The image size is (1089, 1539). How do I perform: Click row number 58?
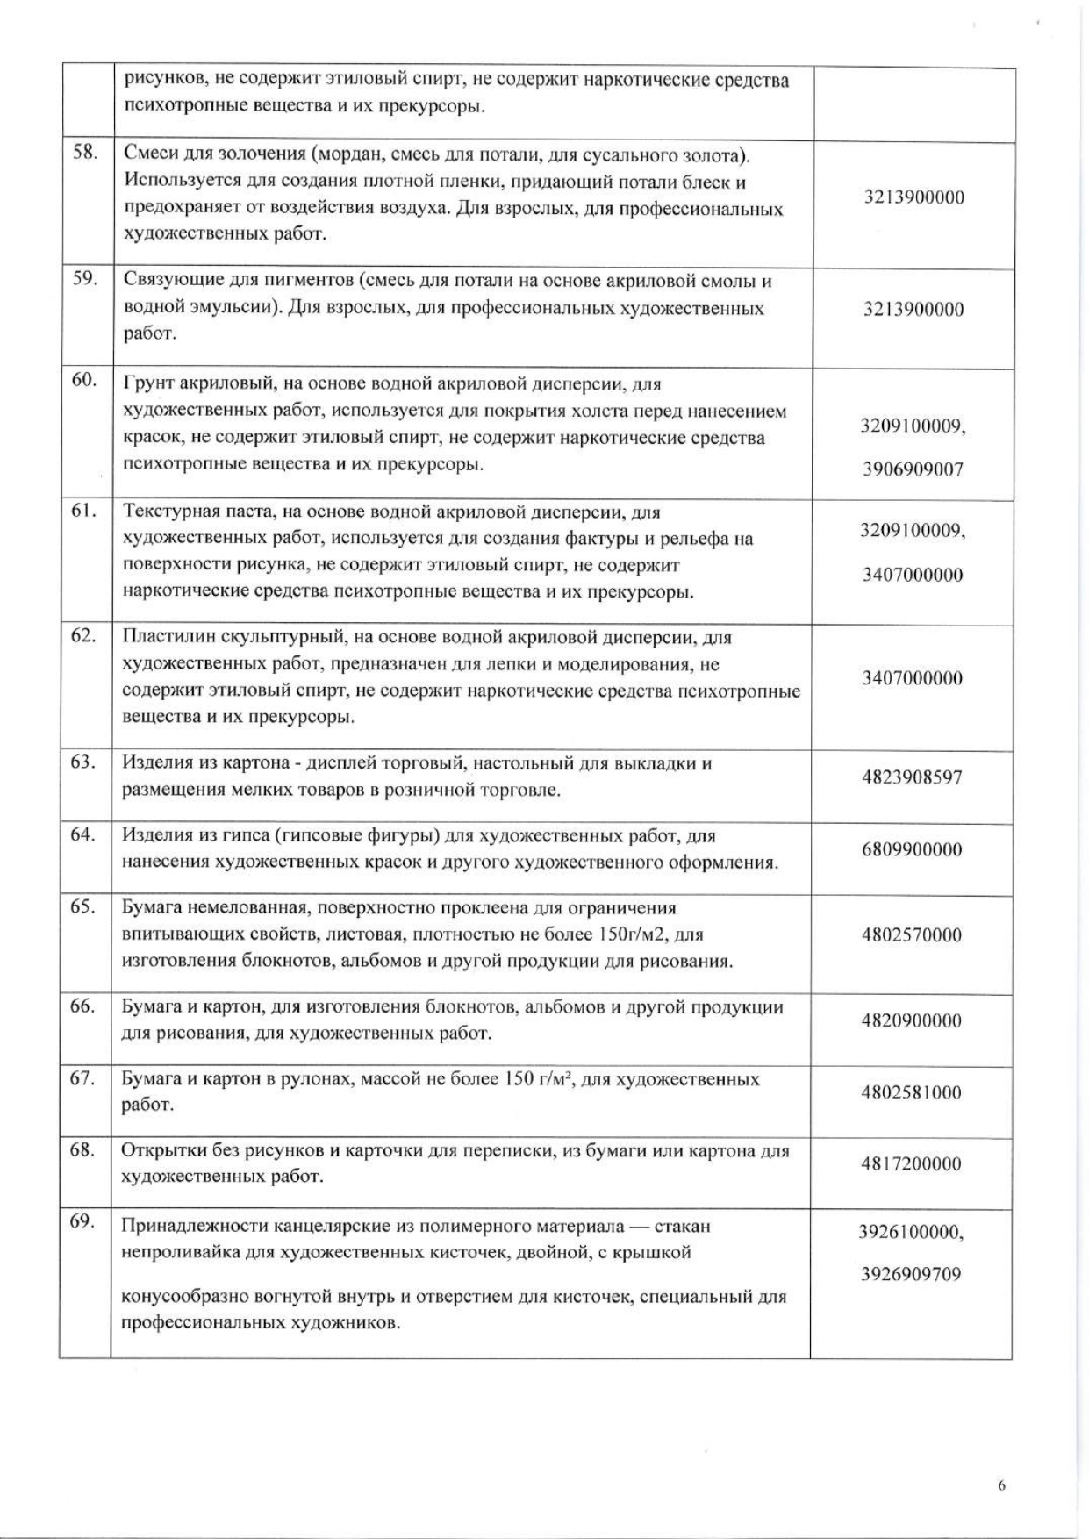(84, 154)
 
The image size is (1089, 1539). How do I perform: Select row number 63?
(83, 762)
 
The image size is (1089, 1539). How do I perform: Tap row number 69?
(82, 1221)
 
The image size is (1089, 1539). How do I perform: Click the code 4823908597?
(912, 777)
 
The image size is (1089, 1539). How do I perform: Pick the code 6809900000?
(912, 849)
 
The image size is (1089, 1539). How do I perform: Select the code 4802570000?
(912, 934)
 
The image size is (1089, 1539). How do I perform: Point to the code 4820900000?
(912, 1020)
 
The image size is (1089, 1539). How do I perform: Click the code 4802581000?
(912, 1092)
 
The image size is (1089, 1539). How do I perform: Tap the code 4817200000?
(912, 1164)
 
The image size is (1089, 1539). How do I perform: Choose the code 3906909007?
(913, 469)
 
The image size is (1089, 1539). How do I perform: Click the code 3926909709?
(911, 1274)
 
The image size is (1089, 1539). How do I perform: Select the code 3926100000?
(909, 1232)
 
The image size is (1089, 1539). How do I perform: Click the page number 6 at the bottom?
(1001, 1486)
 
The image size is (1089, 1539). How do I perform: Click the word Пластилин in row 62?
(163, 637)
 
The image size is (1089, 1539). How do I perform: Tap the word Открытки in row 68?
(161, 1150)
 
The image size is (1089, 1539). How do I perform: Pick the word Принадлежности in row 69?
(185, 1226)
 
